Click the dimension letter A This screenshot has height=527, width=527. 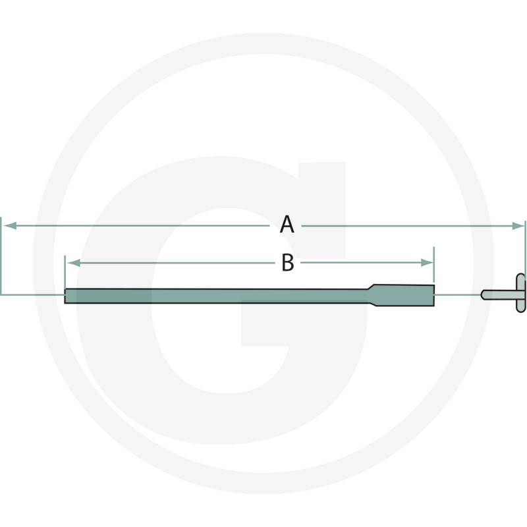287,225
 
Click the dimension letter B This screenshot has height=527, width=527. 287,263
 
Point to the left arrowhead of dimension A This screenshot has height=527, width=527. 9,225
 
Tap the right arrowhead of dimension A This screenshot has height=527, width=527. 520,225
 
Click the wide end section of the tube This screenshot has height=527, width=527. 405,294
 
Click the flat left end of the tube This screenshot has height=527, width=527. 66,296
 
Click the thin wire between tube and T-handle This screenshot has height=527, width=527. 458,294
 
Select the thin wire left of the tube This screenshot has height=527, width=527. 33,294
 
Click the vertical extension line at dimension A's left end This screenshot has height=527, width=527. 1,257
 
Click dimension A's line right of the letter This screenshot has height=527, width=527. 408,225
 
